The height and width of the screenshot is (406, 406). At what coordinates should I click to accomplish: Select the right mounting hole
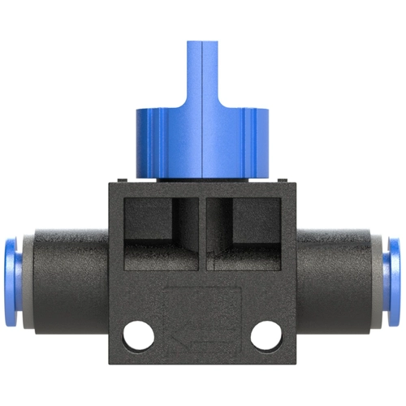(x=264, y=333)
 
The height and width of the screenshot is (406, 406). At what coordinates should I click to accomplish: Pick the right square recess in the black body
(x=248, y=231)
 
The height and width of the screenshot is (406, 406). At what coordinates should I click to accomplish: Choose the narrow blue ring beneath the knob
(x=203, y=176)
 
